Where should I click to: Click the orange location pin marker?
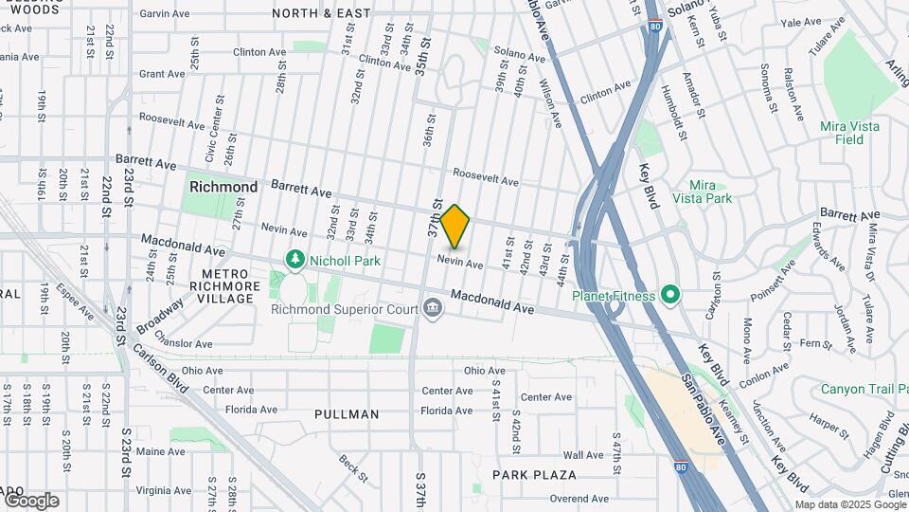455,227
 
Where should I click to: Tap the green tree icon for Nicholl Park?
295,259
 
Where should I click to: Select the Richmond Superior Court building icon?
433,309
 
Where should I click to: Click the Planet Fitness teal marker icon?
670,296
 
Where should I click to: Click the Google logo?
31,501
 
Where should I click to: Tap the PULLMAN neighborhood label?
347,414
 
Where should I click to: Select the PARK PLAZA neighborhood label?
534,474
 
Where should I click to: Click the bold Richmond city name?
223,187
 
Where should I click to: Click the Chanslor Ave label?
187,343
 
